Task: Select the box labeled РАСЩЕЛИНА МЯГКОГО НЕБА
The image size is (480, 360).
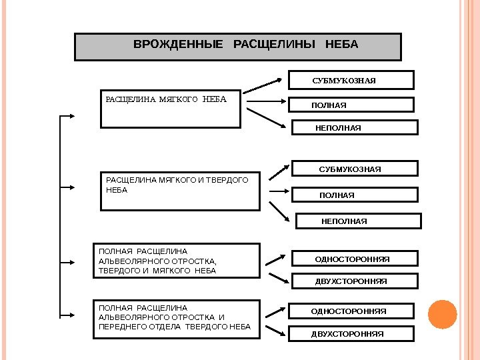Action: click(170, 108)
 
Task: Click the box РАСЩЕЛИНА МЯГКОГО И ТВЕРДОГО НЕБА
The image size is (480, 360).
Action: click(179, 191)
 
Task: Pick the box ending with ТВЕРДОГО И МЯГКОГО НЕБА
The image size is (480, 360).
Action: click(177, 261)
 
